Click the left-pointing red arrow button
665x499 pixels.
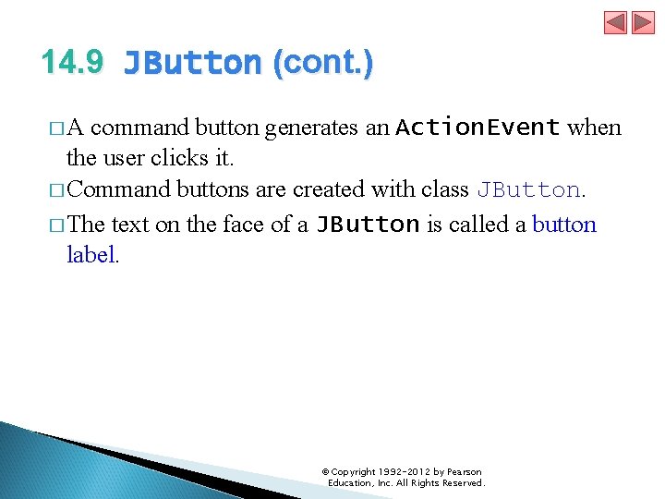pyautogui.click(x=616, y=22)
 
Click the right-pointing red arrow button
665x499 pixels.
pyautogui.click(x=643, y=22)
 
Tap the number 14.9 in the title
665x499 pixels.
pyautogui.click(x=73, y=62)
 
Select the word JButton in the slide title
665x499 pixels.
pyautogui.click(x=192, y=63)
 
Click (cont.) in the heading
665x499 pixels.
pyautogui.click(x=322, y=62)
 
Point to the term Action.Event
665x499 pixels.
pyautogui.click(x=478, y=128)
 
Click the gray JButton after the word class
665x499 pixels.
pyautogui.click(x=528, y=189)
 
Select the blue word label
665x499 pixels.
pyautogui.click(x=91, y=255)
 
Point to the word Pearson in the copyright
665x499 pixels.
pyautogui.click(x=464, y=472)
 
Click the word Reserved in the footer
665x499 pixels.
pyautogui.click(x=462, y=483)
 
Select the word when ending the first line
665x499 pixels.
pyautogui.click(x=594, y=128)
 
